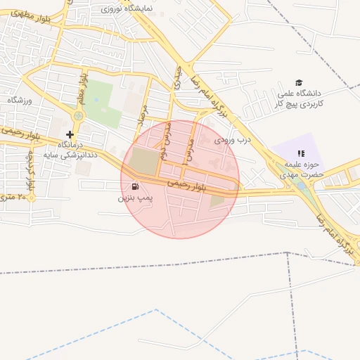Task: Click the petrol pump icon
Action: [134, 187]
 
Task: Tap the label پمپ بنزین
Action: [134, 199]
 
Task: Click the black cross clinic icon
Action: [70, 134]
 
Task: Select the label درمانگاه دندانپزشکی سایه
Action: [70, 148]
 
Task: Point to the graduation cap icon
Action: [299, 82]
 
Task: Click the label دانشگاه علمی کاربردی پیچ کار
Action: [299, 98]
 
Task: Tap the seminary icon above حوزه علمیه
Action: [300, 153]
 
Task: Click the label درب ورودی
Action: [233, 140]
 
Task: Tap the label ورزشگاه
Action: [20, 101]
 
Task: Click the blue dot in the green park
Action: [95, 98]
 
